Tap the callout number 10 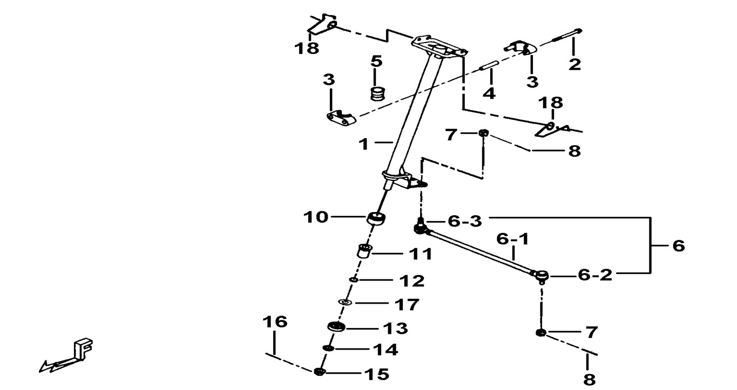click(x=315, y=217)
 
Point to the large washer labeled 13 click(x=336, y=327)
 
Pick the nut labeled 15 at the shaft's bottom click(x=319, y=372)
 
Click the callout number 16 click(x=275, y=323)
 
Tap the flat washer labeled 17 click(x=344, y=303)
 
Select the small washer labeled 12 click(x=353, y=279)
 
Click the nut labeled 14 click(x=328, y=349)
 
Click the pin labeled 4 click(x=488, y=67)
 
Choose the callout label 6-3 click(x=464, y=221)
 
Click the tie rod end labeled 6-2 click(x=542, y=276)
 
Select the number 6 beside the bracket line click(x=678, y=246)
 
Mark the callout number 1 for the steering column click(x=364, y=144)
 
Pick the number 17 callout click(x=407, y=305)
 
